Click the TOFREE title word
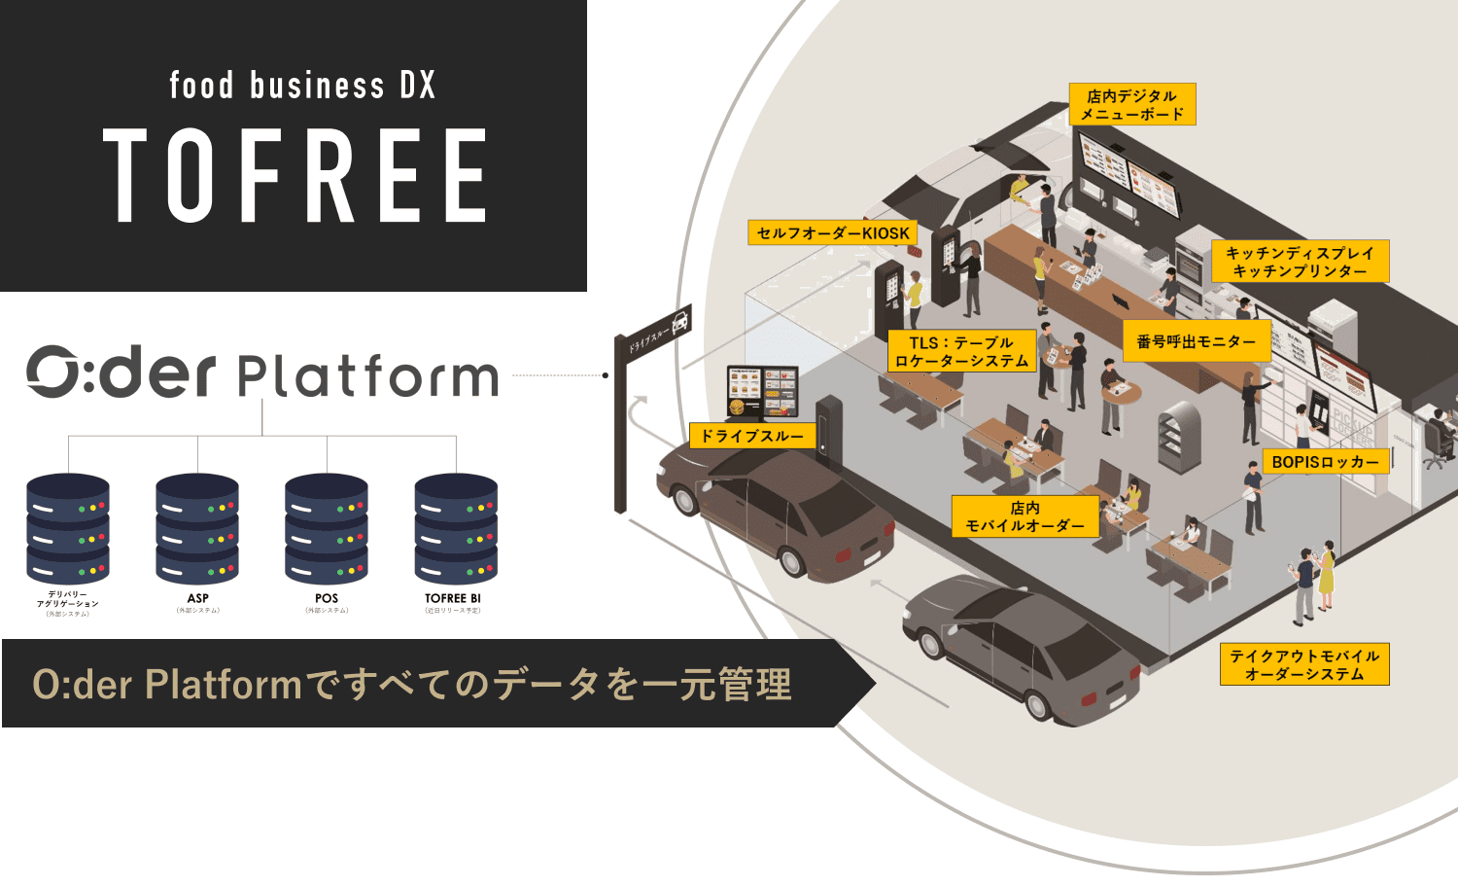pyautogui.click(x=295, y=176)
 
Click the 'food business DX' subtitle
pyautogui.click(x=302, y=86)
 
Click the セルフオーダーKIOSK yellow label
pyautogui.click(x=833, y=233)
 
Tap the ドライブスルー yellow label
pyautogui.click(x=752, y=436)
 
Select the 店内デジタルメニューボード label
pyautogui.click(x=1132, y=105)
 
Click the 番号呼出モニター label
pyautogui.click(x=1197, y=342)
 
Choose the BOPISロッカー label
pyautogui.click(x=1326, y=462)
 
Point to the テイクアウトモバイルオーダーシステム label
pyautogui.click(x=1304, y=664)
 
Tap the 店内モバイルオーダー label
pyautogui.click(x=1024, y=516)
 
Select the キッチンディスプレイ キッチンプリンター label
pyautogui.click(x=1300, y=262)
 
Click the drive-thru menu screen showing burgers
pyautogui.click(x=763, y=392)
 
